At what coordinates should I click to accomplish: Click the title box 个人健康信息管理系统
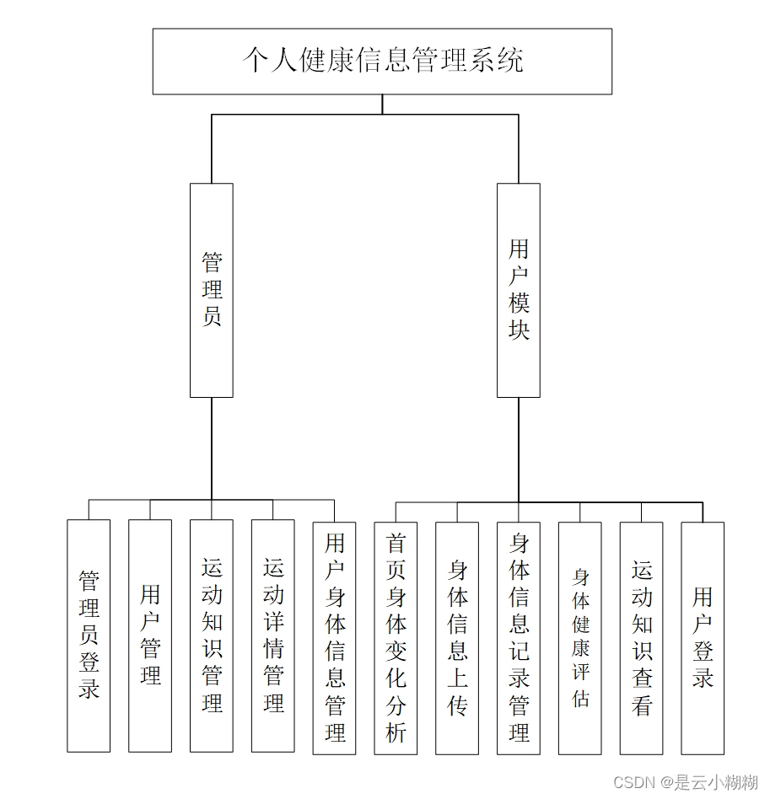pyautogui.click(x=382, y=61)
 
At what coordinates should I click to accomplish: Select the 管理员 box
pyautogui.click(x=211, y=290)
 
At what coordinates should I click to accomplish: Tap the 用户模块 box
pyautogui.click(x=518, y=290)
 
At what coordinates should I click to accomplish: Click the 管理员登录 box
pyautogui.click(x=89, y=635)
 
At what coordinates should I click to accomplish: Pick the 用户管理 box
pyautogui.click(x=150, y=635)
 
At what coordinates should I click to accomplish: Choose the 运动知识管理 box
pyautogui.click(x=212, y=635)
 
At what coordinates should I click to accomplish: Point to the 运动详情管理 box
pyautogui.click(x=273, y=635)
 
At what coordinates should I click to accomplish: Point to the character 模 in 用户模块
pyautogui.click(x=519, y=303)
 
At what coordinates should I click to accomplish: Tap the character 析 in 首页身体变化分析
pyautogui.click(x=396, y=732)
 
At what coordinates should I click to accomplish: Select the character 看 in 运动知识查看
pyautogui.click(x=642, y=705)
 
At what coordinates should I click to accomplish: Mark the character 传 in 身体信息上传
pyautogui.click(x=457, y=705)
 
